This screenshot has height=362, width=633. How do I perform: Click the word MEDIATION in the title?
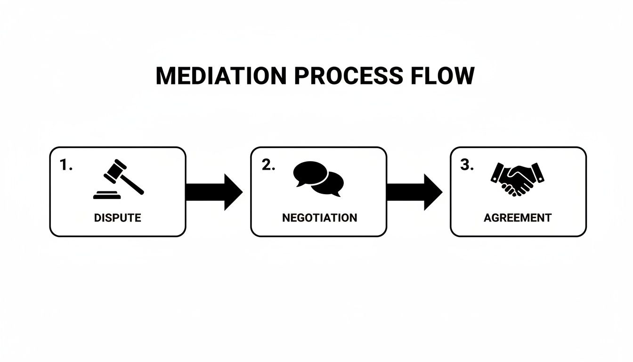click(x=220, y=76)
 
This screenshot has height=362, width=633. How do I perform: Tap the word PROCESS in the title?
click(x=349, y=76)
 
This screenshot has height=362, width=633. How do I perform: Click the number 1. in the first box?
click(x=66, y=165)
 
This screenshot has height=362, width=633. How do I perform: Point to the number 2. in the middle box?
click(x=268, y=165)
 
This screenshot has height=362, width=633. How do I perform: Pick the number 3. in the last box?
click(x=467, y=165)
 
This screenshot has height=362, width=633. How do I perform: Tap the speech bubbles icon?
click(x=318, y=179)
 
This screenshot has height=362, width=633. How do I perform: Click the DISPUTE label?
click(x=117, y=218)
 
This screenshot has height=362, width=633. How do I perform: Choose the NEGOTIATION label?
click(x=319, y=218)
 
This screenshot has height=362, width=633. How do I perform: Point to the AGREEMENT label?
click(x=517, y=218)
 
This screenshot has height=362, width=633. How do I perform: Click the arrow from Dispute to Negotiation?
click(x=214, y=192)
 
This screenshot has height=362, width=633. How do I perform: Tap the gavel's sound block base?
click(x=107, y=195)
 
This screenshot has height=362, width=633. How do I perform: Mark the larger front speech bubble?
click(x=310, y=173)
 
